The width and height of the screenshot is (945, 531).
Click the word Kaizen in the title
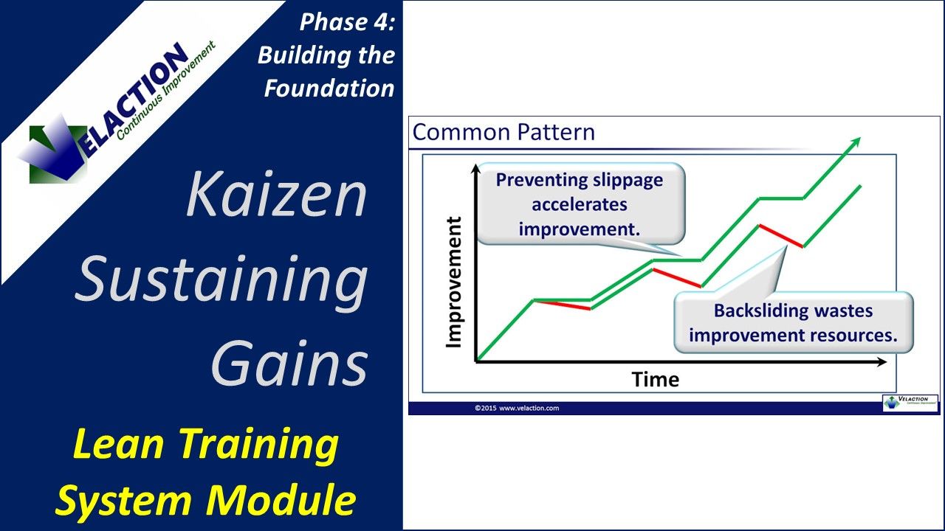(x=276, y=195)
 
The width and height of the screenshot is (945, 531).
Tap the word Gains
(x=289, y=364)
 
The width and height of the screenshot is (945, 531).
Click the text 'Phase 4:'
(x=347, y=22)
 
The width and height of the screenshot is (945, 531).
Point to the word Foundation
(x=329, y=88)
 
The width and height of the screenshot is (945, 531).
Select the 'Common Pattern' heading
(x=504, y=132)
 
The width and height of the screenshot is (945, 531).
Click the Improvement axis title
(x=454, y=282)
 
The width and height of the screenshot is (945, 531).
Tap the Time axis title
(x=655, y=380)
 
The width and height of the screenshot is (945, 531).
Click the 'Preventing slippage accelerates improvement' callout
(x=580, y=204)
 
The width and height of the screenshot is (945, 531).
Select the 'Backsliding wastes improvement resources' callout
(x=793, y=322)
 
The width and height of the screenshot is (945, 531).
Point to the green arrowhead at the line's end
(x=855, y=142)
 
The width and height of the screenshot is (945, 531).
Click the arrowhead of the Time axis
(x=882, y=361)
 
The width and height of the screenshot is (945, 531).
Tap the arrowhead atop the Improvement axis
(x=476, y=169)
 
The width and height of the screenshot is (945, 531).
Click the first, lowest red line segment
(x=563, y=305)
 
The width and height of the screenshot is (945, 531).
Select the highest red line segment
(x=781, y=236)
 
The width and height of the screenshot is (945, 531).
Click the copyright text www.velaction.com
(x=529, y=408)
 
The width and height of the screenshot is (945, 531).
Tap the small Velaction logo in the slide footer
(x=910, y=403)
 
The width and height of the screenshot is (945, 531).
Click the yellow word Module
(x=281, y=500)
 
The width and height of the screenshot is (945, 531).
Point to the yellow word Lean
(x=118, y=444)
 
